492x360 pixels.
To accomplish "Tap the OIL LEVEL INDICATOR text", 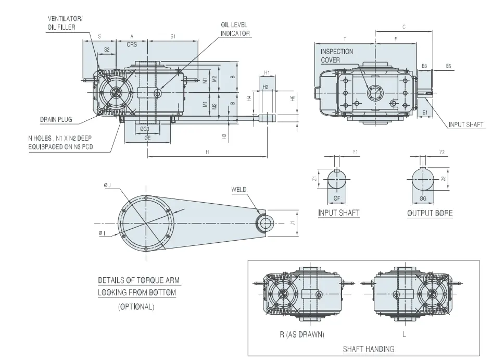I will click(x=235, y=29).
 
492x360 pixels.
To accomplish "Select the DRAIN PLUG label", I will click(x=56, y=119).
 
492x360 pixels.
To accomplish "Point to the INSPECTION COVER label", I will click(x=337, y=56).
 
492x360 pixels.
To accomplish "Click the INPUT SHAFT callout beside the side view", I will click(x=466, y=125).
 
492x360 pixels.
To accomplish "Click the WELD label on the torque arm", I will click(x=238, y=189).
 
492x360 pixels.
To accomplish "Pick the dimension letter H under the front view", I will click(x=207, y=152).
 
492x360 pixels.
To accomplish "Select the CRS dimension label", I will click(x=132, y=45).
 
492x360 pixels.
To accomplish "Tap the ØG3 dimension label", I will click(x=144, y=128).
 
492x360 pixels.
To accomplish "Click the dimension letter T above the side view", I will click(x=345, y=39).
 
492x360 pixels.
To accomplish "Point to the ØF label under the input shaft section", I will click(x=337, y=198).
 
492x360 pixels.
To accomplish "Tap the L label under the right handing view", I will click(x=404, y=333).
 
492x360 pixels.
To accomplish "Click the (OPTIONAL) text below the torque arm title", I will click(x=136, y=306).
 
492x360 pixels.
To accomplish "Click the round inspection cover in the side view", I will click(x=374, y=93).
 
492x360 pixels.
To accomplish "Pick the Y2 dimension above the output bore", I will click(x=442, y=152).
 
